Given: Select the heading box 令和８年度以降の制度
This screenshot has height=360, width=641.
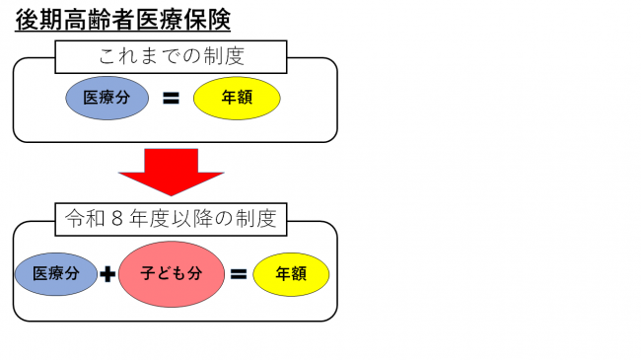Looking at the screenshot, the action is [x=171, y=219].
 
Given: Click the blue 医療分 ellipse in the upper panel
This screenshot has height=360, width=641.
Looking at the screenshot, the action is [x=107, y=97].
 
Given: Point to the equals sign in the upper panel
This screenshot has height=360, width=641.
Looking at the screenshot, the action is [x=171, y=98].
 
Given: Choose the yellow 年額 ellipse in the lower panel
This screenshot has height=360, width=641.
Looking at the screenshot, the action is [x=291, y=274].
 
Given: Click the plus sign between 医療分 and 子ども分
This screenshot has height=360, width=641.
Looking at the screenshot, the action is [x=107, y=274].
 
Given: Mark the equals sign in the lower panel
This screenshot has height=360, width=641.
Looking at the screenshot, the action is [x=238, y=274].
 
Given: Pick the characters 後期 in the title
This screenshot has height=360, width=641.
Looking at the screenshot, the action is [x=36, y=21].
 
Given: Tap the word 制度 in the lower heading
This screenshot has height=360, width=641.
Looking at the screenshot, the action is [x=257, y=219].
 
